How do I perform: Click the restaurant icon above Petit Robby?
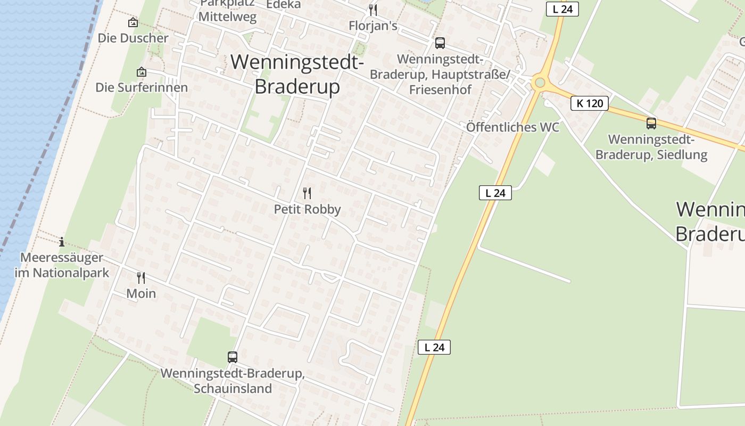(x=307, y=193)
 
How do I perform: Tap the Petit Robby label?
(x=307, y=209)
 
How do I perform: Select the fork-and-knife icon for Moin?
(x=141, y=277)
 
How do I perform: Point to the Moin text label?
(x=141, y=293)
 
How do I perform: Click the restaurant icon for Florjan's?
(x=373, y=10)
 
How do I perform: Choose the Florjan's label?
(x=373, y=26)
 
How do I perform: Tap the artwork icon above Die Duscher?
(x=133, y=22)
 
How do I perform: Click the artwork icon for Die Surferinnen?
(x=142, y=72)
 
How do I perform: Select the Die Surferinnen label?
(x=142, y=87)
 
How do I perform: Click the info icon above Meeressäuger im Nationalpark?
(x=62, y=242)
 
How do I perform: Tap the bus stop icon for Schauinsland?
(x=233, y=357)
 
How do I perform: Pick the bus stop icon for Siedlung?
(x=651, y=124)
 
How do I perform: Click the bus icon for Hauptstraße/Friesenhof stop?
(x=440, y=43)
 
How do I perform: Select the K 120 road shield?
(x=590, y=103)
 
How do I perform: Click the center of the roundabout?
(x=540, y=83)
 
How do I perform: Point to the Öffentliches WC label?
(x=513, y=127)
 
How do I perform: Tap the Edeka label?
(x=283, y=5)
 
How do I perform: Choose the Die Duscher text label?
(x=133, y=38)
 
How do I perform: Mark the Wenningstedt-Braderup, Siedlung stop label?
(x=651, y=148)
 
